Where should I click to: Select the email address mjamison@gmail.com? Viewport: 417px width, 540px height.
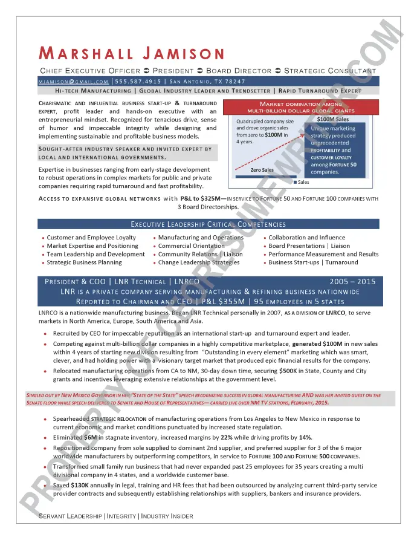click(x=73, y=81)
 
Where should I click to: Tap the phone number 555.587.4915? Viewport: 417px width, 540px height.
click(x=138, y=81)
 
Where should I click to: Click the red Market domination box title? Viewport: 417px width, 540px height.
click(x=301, y=108)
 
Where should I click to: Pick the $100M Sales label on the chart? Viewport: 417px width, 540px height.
click(x=332, y=119)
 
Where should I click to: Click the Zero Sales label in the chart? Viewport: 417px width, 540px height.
click(x=261, y=170)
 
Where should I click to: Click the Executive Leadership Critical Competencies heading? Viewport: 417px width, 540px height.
click(x=208, y=224)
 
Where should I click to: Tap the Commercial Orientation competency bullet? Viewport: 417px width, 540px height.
click(x=191, y=246)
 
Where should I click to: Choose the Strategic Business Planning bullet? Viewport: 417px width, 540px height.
click(x=84, y=262)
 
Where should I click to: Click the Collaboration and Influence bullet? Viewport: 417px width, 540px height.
click(x=306, y=238)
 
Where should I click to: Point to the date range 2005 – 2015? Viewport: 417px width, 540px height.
click(x=352, y=282)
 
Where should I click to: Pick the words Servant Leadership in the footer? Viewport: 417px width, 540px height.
click(x=70, y=516)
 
